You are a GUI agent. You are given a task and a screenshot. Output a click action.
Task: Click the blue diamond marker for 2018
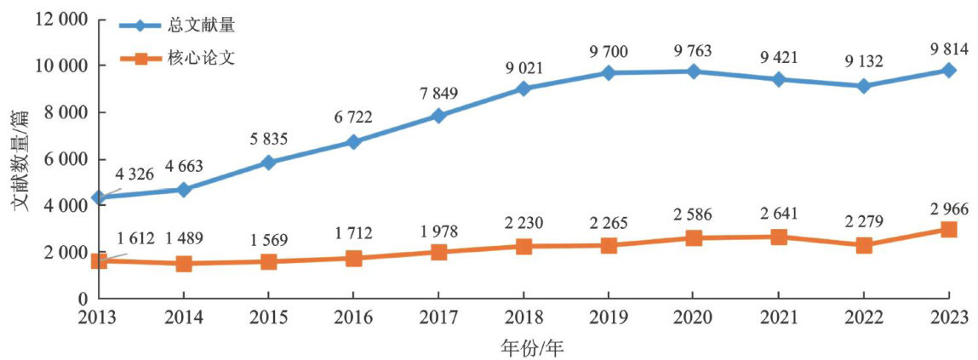pos(523,89)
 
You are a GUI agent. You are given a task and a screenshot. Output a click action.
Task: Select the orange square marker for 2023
pos(948,230)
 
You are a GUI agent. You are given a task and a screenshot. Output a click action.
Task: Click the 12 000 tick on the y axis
pos(61,20)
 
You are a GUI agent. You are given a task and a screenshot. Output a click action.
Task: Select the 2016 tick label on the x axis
pos(353,317)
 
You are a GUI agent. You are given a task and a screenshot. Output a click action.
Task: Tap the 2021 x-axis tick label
pos(778,317)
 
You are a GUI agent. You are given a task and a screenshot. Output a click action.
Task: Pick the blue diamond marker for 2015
pos(268,163)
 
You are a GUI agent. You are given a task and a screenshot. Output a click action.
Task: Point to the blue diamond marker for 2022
pos(863,86)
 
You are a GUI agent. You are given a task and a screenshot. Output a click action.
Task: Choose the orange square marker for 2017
pos(438,252)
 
